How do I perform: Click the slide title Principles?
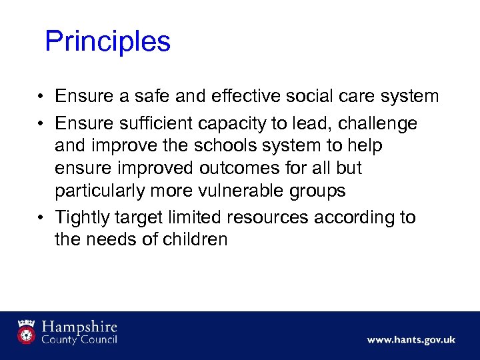tap(107, 42)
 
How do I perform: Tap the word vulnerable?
tap(244, 191)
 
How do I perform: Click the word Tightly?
tap(83, 218)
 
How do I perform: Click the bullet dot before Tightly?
tap(41, 218)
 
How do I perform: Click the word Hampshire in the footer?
tap(79, 327)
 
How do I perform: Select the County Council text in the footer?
tap(79, 340)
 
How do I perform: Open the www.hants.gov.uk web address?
tap(411, 340)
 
